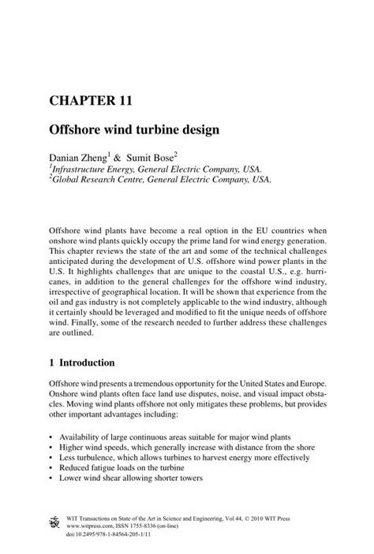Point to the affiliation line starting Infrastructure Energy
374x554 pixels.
click(x=155, y=169)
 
